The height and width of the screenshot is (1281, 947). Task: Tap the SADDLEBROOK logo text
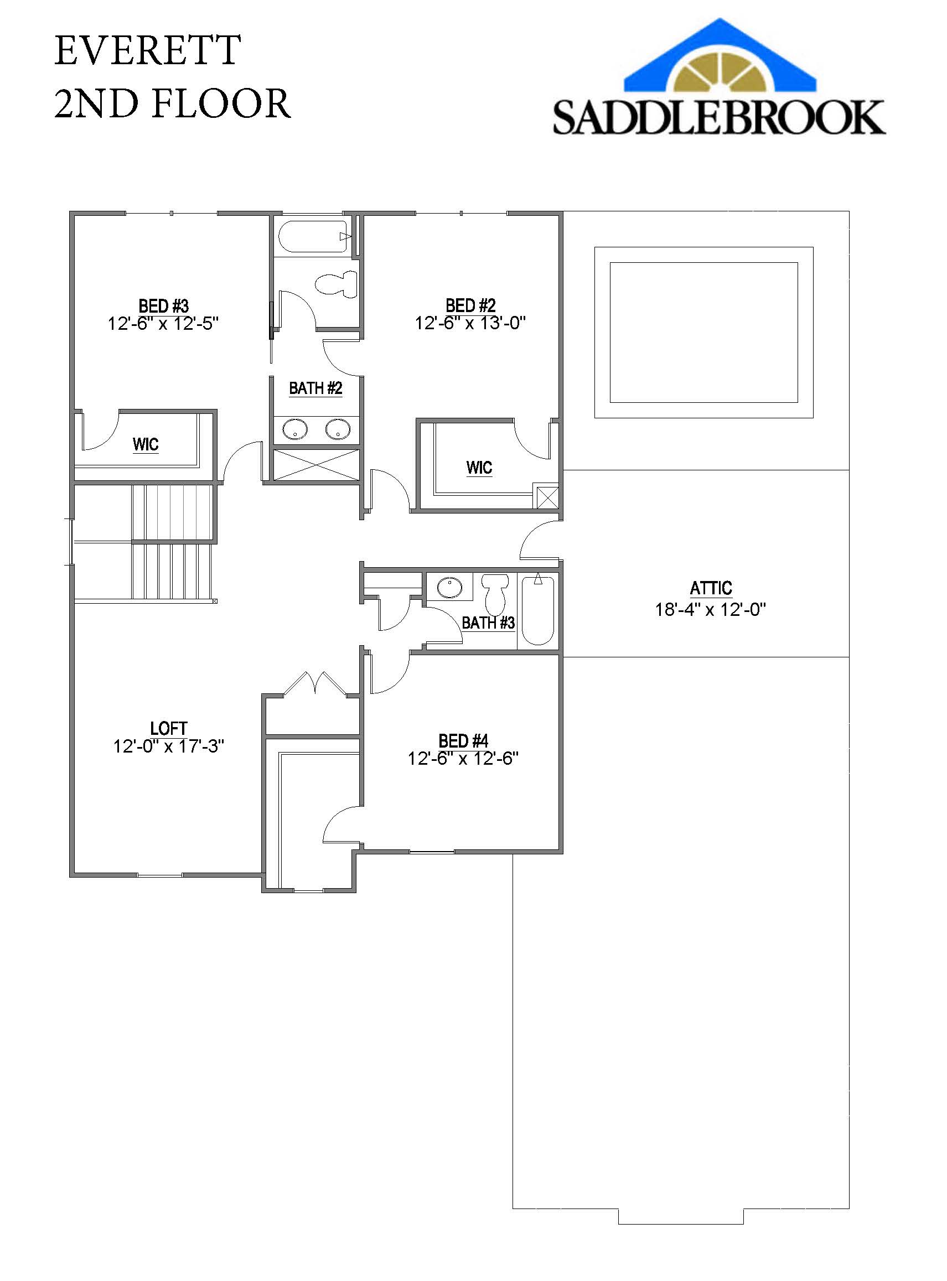[719, 117]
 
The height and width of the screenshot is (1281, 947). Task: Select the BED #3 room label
[163, 305]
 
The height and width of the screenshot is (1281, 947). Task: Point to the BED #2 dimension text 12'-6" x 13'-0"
[470, 323]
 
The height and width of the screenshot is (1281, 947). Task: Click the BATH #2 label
[315, 388]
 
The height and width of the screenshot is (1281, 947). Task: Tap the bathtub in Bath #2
[313, 236]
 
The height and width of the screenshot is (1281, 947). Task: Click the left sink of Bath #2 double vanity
[294, 429]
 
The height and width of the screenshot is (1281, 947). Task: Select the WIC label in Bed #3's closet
[145, 444]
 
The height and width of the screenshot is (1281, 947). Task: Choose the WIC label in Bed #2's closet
[479, 468]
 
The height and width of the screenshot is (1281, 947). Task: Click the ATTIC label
[711, 588]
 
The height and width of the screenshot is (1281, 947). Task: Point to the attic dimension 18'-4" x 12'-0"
[710, 609]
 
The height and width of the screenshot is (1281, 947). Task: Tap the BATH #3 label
[488, 623]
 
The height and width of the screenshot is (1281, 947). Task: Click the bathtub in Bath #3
[538, 610]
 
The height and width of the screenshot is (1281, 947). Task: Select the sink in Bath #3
[449, 588]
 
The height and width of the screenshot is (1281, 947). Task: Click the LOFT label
[168, 728]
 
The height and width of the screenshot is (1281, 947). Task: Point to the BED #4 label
[463, 741]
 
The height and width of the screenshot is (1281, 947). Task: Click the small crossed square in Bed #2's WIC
[547, 497]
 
